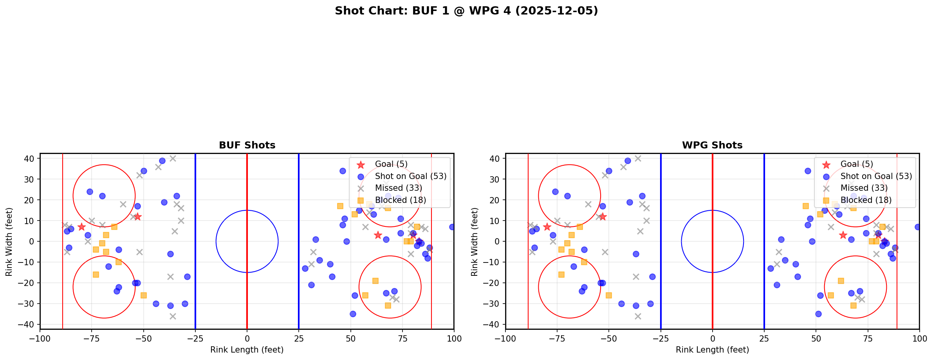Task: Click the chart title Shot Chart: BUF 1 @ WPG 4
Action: [466, 11]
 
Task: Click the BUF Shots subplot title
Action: [247, 145]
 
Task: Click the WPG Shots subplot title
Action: [712, 145]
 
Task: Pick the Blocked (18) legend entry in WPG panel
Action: [866, 200]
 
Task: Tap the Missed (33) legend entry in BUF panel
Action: [398, 188]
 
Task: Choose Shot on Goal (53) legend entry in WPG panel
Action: [876, 176]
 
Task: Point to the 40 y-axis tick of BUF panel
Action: [31, 159]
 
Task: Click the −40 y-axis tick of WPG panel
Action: [494, 324]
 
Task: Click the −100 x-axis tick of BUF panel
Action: [40, 338]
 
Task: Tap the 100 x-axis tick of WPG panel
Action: [919, 338]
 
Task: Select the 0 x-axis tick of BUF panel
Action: [247, 338]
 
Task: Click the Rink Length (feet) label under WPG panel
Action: [712, 350]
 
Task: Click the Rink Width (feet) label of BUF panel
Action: [9, 241]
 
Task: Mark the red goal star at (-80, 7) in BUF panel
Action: [81, 227]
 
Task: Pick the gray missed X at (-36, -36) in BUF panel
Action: [173, 316]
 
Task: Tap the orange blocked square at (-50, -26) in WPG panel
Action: [609, 295]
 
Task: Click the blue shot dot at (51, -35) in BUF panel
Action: [353, 314]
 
